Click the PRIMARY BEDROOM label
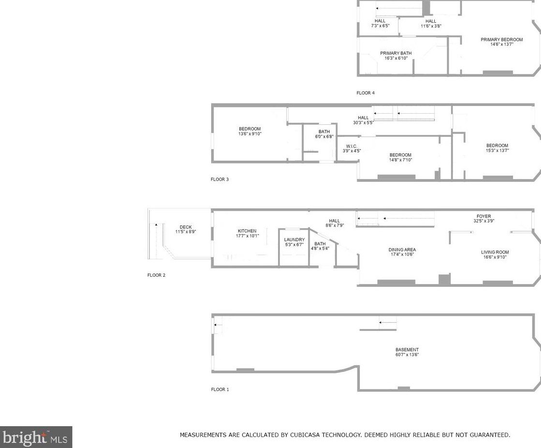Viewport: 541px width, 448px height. pyautogui.click(x=502, y=40)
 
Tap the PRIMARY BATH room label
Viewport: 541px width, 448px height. pyautogui.click(x=396, y=53)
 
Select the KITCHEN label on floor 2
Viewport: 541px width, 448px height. pyautogui.click(x=247, y=231)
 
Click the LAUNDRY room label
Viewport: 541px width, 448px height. pyautogui.click(x=294, y=239)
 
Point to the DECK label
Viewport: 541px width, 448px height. pyautogui.click(x=186, y=227)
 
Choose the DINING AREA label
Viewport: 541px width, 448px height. pyautogui.click(x=402, y=250)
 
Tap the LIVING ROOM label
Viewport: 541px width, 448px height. pyautogui.click(x=495, y=252)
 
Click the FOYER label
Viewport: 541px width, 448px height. pyautogui.click(x=484, y=216)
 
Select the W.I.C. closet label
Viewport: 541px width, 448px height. pyautogui.click(x=351, y=146)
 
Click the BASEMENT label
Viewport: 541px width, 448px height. pyautogui.click(x=407, y=350)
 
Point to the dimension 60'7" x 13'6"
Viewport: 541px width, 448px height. pyautogui.click(x=407, y=355)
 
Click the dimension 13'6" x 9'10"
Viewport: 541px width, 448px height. pyautogui.click(x=250, y=134)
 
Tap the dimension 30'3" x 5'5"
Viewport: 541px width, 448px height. pyautogui.click(x=363, y=122)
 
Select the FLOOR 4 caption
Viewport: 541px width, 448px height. pyautogui.click(x=366, y=93)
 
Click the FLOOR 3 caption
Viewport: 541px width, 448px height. pyautogui.click(x=220, y=179)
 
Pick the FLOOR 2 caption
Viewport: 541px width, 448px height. pyautogui.click(x=156, y=275)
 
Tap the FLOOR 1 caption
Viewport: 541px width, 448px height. pyautogui.click(x=220, y=389)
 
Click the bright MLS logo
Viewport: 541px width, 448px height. pyautogui.click(x=36, y=437)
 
